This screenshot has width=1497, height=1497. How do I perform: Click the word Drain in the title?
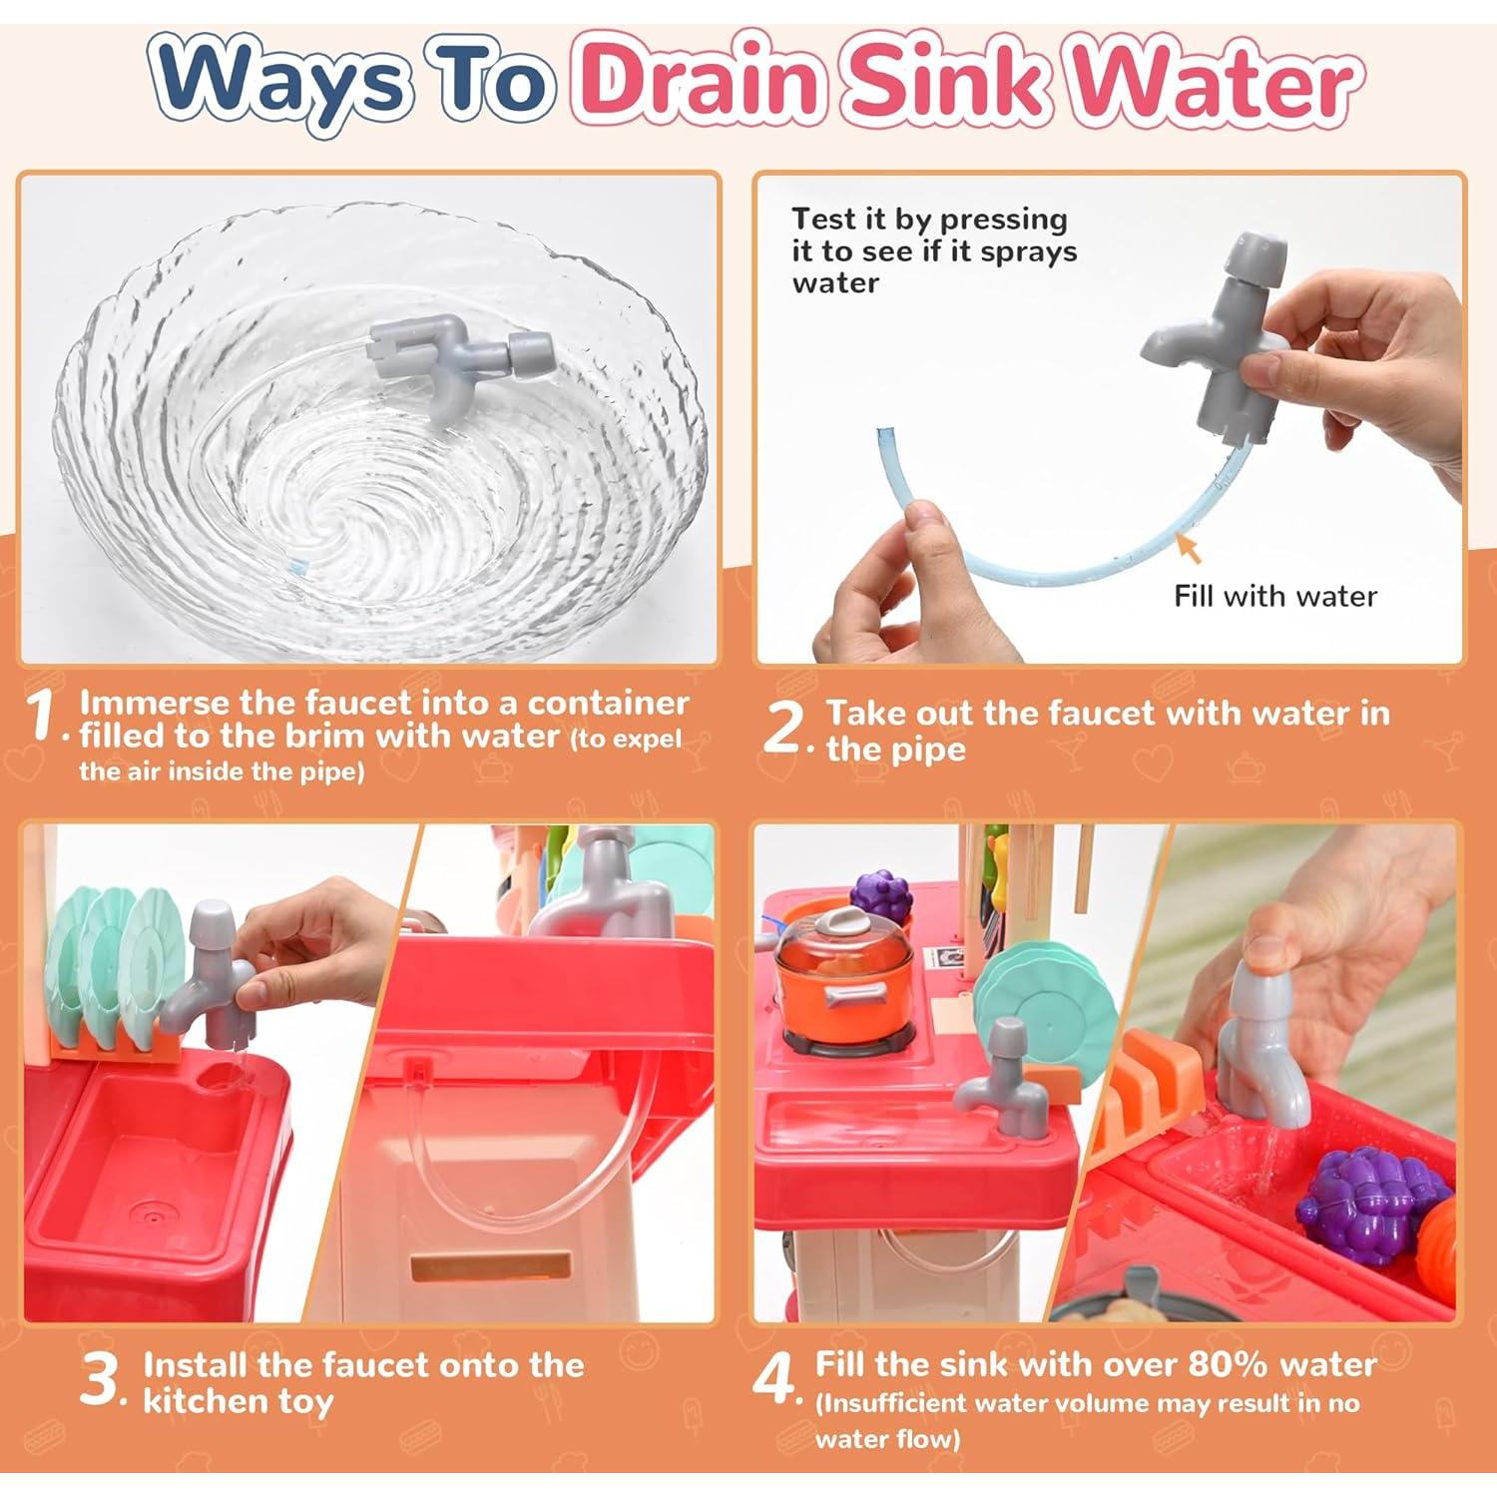click(x=703, y=82)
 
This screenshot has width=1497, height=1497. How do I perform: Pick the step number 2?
click(x=783, y=729)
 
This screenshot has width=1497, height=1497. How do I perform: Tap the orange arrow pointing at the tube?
click(x=1188, y=548)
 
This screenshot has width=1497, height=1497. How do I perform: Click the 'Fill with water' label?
click(x=1274, y=597)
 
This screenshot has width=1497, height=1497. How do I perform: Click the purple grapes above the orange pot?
click(x=881, y=895)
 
